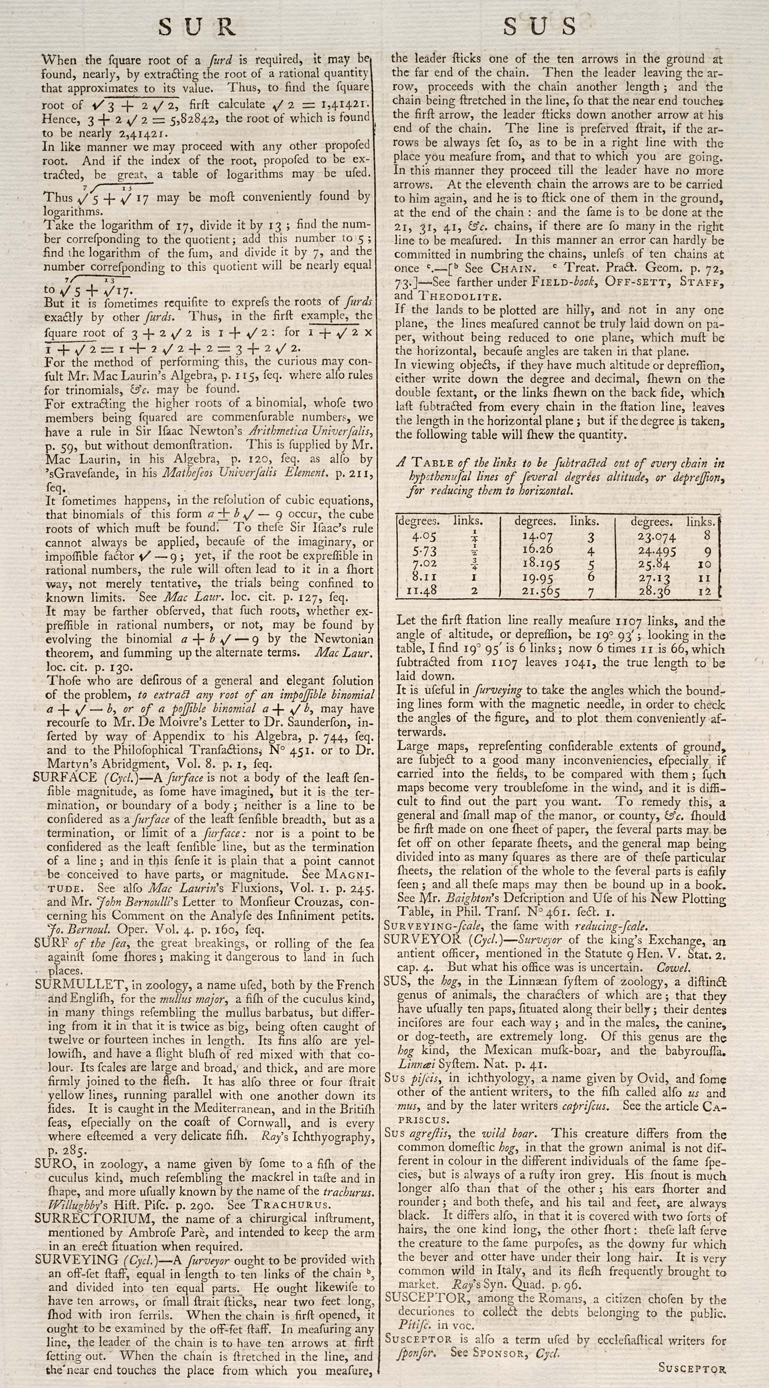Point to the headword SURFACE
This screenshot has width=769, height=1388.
pyautogui.click(x=65, y=778)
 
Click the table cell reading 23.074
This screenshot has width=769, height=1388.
pyautogui.click(x=656, y=537)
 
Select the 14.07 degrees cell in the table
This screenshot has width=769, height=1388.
pyautogui.click(x=538, y=537)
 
